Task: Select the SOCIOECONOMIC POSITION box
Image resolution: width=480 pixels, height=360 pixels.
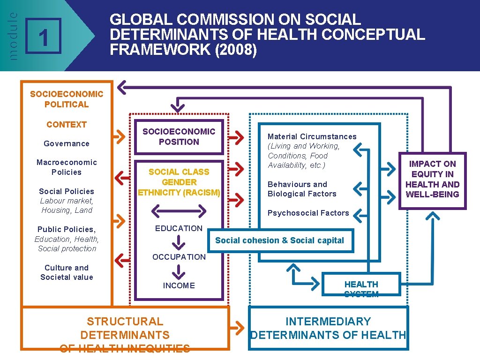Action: pyautogui.click(x=179, y=137)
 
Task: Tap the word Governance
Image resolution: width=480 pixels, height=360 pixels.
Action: pyautogui.click(x=67, y=143)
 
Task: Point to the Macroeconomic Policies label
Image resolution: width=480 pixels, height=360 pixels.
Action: pyautogui.click(x=67, y=167)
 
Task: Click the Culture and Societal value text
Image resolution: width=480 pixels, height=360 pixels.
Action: pyautogui.click(x=67, y=272)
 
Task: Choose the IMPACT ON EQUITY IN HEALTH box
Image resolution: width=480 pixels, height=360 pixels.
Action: pyautogui.click(x=432, y=180)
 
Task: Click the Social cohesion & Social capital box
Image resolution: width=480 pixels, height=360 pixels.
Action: pyautogui.click(x=279, y=240)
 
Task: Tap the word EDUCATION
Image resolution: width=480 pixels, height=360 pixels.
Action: pyautogui.click(x=179, y=228)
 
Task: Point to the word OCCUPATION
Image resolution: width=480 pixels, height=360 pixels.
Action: pyautogui.click(x=179, y=257)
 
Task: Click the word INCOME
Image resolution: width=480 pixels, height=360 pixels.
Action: pyautogui.click(x=179, y=285)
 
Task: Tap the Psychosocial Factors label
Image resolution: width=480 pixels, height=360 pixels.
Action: pyautogui.click(x=308, y=213)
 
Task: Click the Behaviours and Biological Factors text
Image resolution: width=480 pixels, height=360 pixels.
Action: pyautogui.click(x=302, y=189)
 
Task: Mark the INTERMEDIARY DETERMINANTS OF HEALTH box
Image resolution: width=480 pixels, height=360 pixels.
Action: pyautogui.click(x=328, y=328)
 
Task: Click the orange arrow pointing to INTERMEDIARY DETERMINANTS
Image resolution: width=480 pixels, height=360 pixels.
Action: pyautogui.click(x=238, y=328)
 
